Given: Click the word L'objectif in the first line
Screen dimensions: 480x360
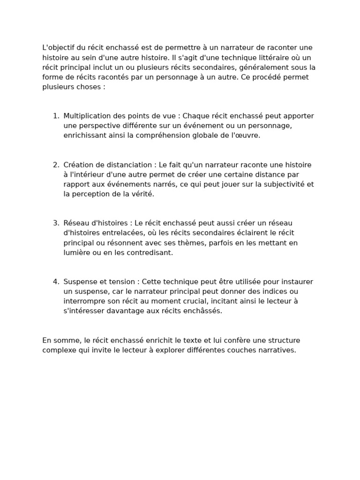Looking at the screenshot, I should pos(59,48).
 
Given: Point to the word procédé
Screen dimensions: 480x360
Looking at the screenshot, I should pos(267,77).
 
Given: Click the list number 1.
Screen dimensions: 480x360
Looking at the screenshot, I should pos(56,116).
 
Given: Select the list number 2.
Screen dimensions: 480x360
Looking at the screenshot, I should pos(56,165).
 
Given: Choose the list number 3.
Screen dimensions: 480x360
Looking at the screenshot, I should pos(56,223).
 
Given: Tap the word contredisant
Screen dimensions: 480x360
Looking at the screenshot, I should pos(150,253).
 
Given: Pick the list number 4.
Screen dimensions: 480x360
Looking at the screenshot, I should pos(56,282).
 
